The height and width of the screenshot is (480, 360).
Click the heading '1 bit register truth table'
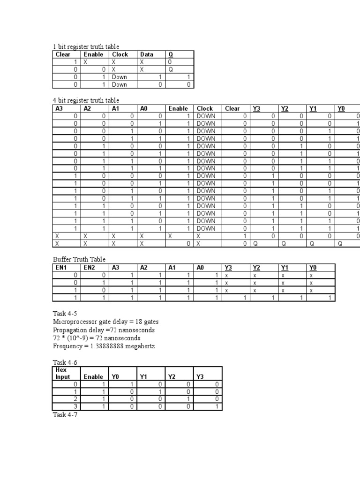click(86, 46)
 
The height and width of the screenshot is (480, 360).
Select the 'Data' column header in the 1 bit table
click(147, 54)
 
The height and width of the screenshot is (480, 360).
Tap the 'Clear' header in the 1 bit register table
click(63, 54)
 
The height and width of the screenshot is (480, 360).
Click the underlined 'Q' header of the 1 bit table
click(171, 54)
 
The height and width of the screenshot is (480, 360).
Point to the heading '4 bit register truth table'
click(86, 100)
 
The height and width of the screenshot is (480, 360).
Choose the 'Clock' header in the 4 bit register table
click(205, 108)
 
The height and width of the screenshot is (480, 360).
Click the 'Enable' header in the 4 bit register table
click(178, 108)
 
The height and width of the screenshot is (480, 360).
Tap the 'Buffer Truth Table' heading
click(79, 259)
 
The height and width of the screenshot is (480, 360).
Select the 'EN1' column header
click(62, 267)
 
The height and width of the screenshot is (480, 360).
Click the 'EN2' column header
click(90, 267)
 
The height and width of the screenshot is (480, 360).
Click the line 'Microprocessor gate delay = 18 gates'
click(105, 322)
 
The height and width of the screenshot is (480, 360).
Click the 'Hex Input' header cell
click(63, 373)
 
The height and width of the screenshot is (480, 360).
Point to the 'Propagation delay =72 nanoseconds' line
click(104, 330)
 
